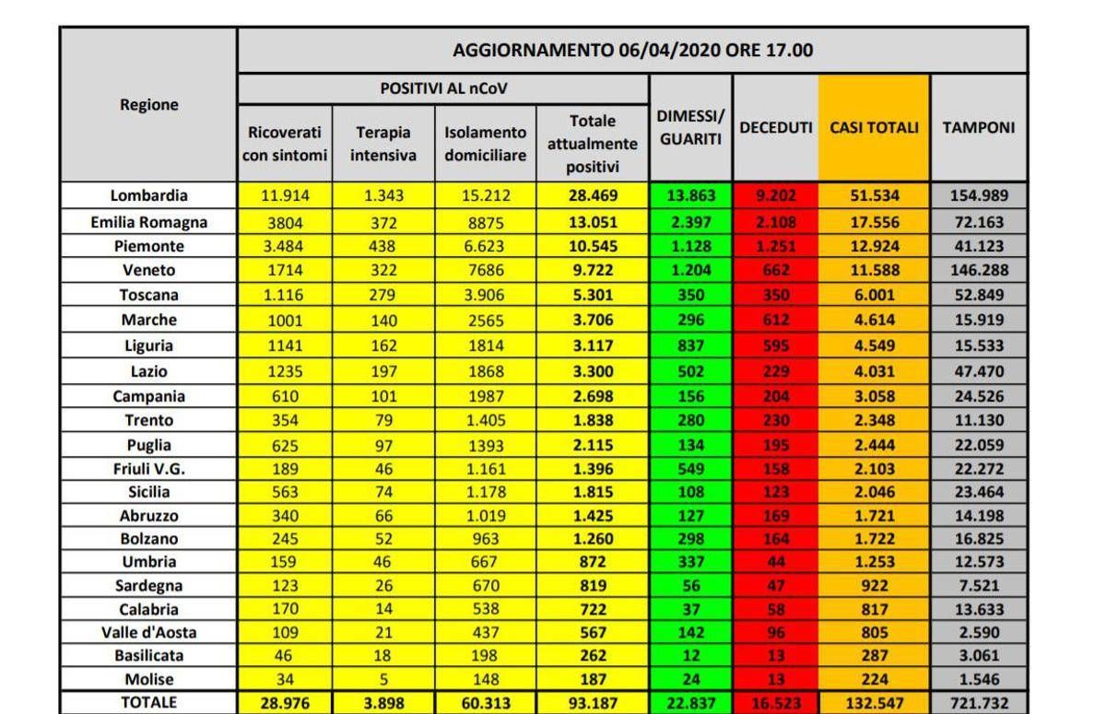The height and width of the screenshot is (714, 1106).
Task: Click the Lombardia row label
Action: coord(148,195)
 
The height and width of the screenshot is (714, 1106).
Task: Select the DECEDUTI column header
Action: coord(775,128)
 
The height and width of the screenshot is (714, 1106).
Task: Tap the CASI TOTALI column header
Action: coord(874,128)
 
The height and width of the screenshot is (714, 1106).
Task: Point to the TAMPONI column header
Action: coord(978,128)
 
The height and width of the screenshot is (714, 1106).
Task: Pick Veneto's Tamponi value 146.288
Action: coord(978,271)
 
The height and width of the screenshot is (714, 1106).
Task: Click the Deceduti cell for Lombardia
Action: coord(775,195)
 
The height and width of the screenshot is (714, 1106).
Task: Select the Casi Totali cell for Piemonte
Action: coord(874,246)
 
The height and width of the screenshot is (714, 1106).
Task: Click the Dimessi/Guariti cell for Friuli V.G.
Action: coord(689,469)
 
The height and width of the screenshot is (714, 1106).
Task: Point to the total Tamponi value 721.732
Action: coord(978,702)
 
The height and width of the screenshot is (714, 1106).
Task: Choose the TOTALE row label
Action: coord(148,702)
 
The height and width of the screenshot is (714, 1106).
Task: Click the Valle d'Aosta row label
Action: coord(148,633)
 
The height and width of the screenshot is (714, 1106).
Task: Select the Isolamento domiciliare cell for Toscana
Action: coord(485,296)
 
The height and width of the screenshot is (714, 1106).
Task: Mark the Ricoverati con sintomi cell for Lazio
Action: coord(285,372)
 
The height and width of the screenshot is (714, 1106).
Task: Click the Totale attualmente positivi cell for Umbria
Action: coord(592,561)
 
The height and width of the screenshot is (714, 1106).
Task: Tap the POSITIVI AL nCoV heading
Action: coord(443,88)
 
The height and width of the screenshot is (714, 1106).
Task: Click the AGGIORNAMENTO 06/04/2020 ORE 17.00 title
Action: coord(632,50)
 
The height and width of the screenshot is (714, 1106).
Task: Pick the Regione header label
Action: coord(148,105)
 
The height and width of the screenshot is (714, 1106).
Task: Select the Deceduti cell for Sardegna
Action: coord(775,586)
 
